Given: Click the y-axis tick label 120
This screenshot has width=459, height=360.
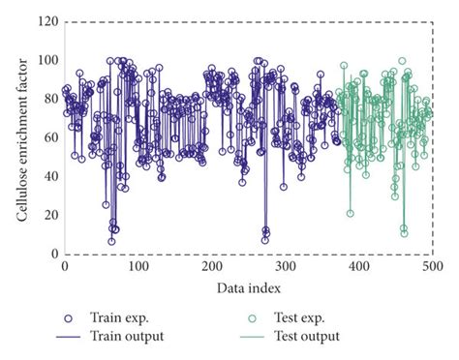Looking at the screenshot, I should (x=46, y=21).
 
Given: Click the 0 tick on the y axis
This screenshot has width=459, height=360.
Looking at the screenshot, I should (x=52, y=254).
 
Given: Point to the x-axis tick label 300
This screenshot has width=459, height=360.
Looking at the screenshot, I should (x=285, y=266).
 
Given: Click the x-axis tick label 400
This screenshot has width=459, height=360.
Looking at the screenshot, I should (x=358, y=266).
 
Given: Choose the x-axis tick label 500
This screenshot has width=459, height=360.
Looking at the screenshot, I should (x=432, y=266).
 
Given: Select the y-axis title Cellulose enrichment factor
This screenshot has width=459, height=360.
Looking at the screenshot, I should (x=21, y=137).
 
